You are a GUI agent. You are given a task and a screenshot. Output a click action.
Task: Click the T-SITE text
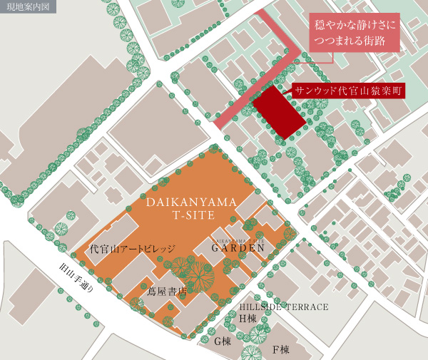190,216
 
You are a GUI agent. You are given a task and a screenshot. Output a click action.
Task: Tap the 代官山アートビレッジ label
132,250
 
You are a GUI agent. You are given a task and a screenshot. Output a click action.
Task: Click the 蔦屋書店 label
166,291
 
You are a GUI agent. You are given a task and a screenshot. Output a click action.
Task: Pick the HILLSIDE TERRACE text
284,307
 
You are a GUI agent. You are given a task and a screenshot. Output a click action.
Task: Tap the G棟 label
223,341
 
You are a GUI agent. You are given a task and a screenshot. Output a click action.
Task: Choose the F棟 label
280,350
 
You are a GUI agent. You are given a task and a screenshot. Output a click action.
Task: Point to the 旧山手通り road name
75,279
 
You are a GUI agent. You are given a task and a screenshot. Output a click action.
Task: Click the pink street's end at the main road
218,122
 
